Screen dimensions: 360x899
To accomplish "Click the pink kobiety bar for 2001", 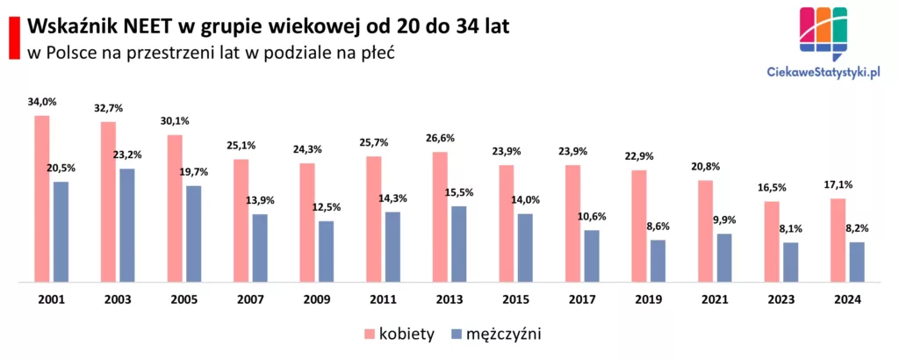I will [41, 198].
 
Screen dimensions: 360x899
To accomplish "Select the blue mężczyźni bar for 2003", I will [127, 226].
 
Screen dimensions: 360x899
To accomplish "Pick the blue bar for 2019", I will [658, 261].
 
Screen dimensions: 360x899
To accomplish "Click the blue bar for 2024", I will [857, 262].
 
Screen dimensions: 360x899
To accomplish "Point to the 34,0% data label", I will [41, 103].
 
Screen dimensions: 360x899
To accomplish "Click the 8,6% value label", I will [657, 227].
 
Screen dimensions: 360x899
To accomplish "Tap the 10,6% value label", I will [591, 216].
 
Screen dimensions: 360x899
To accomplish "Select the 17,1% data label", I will [838, 185].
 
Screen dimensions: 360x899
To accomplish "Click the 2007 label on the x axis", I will [250, 300].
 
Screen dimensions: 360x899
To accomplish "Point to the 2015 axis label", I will [515, 300].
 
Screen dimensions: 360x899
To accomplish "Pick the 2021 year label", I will [715, 300].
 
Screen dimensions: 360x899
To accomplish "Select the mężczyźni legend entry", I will [502, 334].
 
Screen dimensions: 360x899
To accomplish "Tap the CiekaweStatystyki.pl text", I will [823, 76].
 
